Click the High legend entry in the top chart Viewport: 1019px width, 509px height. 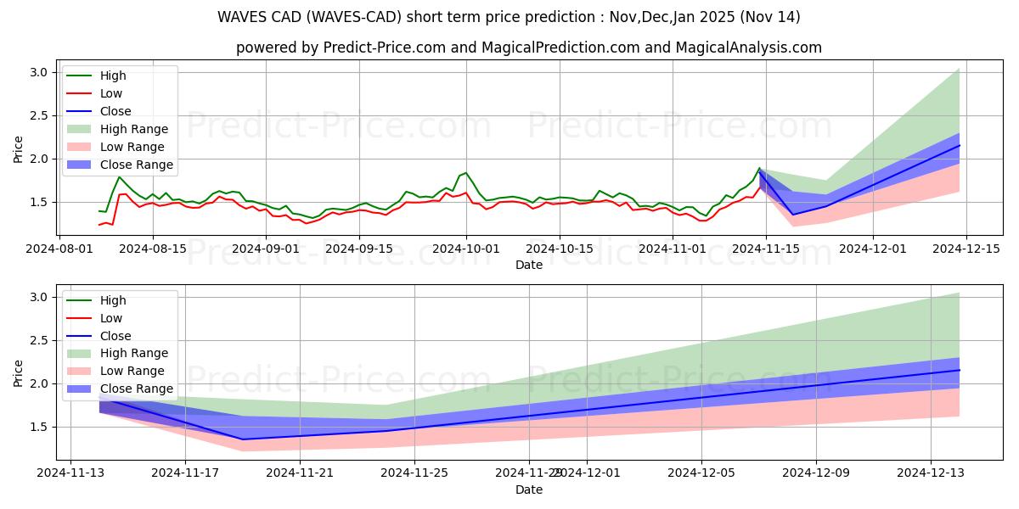tap(112, 76)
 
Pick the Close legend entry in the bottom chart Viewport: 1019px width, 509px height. tap(115, 336)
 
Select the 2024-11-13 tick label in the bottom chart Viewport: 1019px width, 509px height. tap(70, 473)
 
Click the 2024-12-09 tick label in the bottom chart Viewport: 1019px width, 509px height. tap(816, 473)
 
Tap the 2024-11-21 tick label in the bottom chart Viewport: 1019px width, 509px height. tap(300, 473)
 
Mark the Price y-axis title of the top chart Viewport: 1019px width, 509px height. tap(19, 150)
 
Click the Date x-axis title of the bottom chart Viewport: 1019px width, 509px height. tap(529, 489)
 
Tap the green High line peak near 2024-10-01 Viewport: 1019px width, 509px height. tap(465, 173)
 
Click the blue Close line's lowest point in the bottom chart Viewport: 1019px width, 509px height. tap(243, 439)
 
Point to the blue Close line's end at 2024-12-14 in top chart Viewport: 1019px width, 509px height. tap(960, 145)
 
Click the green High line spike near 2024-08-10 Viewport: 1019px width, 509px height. tap(120, 176)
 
